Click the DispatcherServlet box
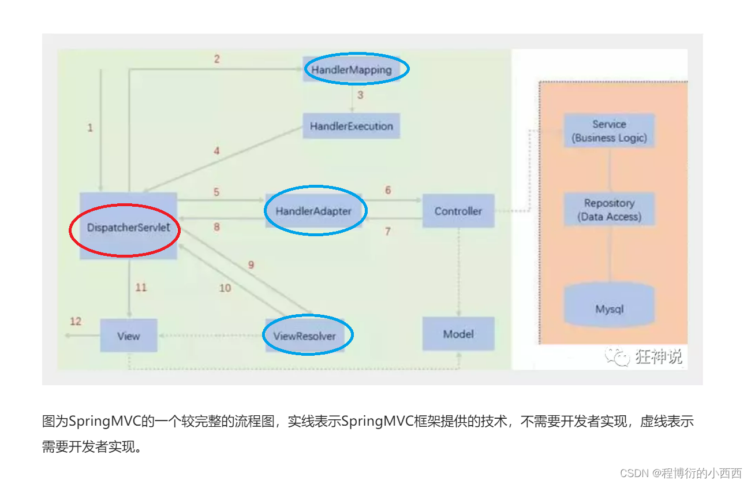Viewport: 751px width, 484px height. click(128, 227)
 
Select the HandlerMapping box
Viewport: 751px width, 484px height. click(352, 70)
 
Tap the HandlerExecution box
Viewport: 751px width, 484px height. click(351, 126)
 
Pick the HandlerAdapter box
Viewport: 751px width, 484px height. click(313, 211)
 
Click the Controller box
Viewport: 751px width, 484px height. click(458, 211)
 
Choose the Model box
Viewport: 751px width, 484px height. click(458, 334)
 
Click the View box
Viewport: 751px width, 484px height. click(129, 336)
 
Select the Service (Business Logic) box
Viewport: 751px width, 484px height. click(609, 131)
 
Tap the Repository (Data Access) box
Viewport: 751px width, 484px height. click(609, 210)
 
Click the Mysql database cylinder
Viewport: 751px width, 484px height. click(610, 306)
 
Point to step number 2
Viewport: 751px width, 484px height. click(217, 59)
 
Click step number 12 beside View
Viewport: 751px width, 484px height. click(76, 321)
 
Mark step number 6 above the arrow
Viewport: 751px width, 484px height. click(388, 190)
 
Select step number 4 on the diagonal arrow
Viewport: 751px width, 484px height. click(217, 151)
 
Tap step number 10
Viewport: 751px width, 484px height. click(225, 288)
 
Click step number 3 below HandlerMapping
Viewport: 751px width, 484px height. click(360, 95)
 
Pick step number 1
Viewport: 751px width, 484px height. click(90, 128)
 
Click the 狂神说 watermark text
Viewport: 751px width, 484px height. click(659, 357)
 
